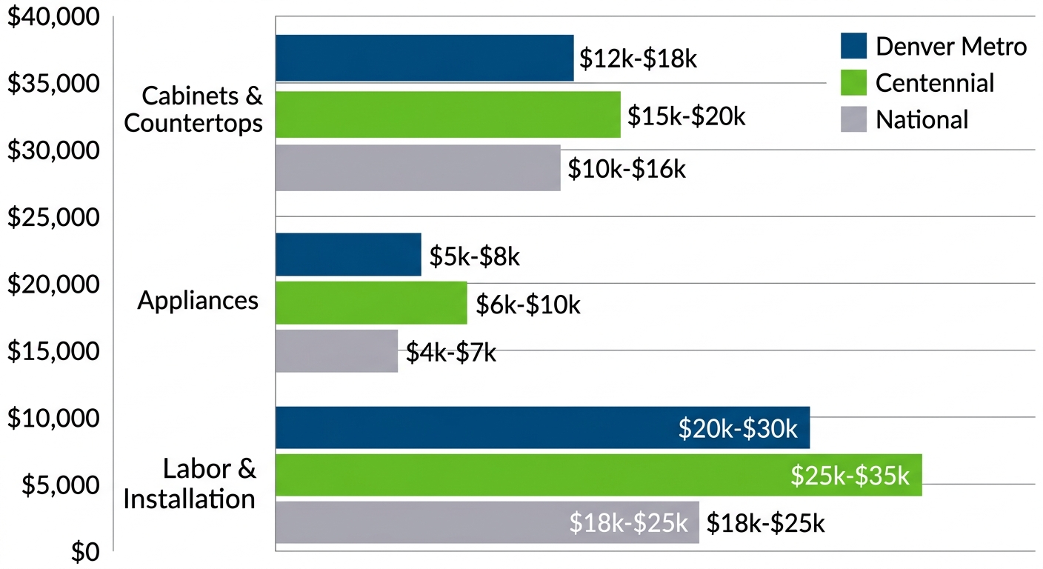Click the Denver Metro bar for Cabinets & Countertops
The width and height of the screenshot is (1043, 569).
pos(424,58)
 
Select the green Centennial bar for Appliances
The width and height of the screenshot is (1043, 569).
pos(371,303)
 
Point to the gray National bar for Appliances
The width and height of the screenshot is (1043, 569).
pos(337,351)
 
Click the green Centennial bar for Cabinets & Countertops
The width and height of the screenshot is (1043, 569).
pos(448,115)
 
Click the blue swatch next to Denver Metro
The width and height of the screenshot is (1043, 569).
pos(853,46)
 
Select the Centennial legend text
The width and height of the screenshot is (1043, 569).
pos(935,83)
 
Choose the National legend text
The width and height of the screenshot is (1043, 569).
pos(922,120)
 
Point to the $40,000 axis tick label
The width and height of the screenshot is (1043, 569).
pos(53,17)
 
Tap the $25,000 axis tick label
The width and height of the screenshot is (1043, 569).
pos(53,218)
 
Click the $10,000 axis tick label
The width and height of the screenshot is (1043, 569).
pos(53,419)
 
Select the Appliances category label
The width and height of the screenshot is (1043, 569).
pos(198,301)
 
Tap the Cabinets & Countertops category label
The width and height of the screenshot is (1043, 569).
pos(194,109)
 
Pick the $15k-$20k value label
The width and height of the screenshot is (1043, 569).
pos(686,116)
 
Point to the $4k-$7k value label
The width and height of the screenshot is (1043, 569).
pos(450,353)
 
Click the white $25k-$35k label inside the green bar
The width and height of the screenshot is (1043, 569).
pos(850,476)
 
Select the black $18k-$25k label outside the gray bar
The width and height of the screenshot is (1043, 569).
pos(765,523)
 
